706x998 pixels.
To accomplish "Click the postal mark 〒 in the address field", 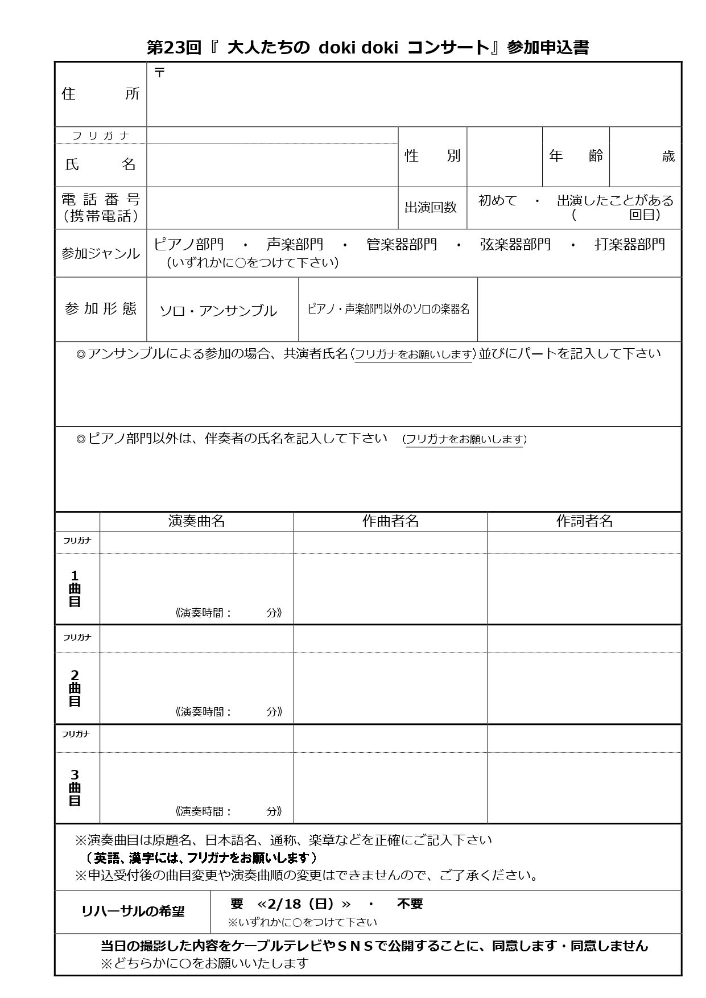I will (x=160, y=72).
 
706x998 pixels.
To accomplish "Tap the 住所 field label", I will (x=100, y=94).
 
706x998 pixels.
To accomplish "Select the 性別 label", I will (x=432, y=156).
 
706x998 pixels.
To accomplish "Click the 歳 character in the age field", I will (x=668, y=156).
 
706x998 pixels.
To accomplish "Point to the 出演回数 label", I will (x=431, y=208).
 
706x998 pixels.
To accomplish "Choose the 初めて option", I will (x=498, y=200).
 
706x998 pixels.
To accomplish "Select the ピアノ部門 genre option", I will (x=189, y=245).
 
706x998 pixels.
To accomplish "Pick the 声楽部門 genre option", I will (x=295, y=245).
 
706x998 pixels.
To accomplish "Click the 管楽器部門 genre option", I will (x=402, y=245).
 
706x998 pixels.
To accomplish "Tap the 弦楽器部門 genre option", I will (x=515, y=245).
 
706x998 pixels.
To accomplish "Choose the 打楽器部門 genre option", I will (x=630, y=245).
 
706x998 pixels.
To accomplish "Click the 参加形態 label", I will (x=101, y=309).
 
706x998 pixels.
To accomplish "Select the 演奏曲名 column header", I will (x=197, y=521).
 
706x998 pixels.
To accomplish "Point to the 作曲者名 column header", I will (x=390, y=521).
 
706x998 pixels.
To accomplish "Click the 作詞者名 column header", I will (x=584, y=521).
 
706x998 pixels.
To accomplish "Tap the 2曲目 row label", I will (x=75, y=688).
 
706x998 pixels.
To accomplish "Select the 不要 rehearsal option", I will (x=410, y=904).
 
